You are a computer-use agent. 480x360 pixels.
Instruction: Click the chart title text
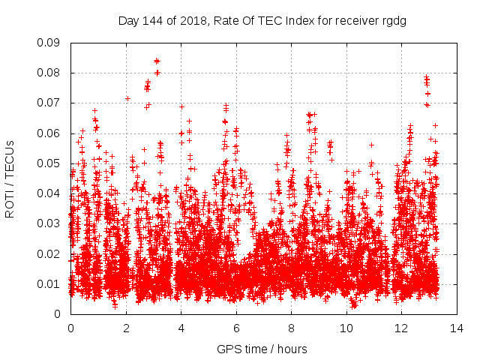262,21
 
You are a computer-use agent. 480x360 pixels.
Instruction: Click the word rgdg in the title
392,21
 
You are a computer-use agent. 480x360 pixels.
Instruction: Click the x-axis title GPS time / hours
262,349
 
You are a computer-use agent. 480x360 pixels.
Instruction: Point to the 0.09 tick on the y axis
49,43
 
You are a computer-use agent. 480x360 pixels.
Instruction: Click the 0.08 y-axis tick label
49,73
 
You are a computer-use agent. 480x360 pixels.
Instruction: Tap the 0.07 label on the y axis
49,103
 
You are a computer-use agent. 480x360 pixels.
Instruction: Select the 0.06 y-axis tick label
49,133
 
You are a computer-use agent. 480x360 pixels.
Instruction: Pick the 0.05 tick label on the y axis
49,163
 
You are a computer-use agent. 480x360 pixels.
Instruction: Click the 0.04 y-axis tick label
49,193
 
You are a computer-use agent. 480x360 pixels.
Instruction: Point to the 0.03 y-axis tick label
49,223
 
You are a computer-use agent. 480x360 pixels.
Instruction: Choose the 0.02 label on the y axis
49,253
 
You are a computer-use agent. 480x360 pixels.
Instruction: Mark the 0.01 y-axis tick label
49,283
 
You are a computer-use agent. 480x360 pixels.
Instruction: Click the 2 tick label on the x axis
126,328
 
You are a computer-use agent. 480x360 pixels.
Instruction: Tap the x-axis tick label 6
236,328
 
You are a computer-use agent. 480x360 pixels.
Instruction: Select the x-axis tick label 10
346,328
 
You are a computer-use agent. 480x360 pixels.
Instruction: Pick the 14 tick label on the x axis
457,328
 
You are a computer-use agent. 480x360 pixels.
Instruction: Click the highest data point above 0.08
157,61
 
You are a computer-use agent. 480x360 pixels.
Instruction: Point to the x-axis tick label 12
401,328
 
